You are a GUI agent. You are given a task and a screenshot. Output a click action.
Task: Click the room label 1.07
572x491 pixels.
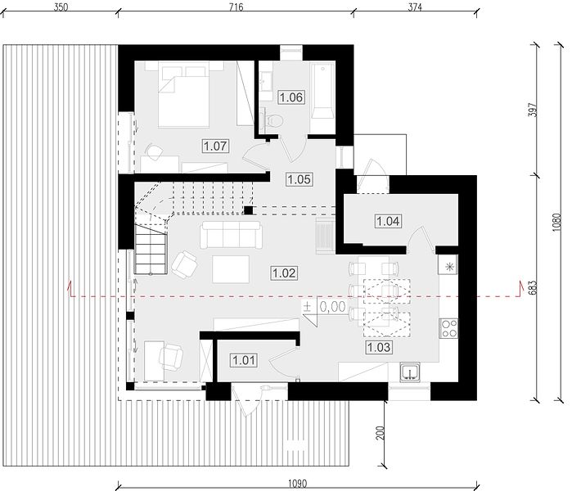point(215,146)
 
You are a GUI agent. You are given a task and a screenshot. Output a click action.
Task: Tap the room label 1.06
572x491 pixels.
point(291,97)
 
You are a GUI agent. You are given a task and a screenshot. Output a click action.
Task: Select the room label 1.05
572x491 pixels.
point(300,179)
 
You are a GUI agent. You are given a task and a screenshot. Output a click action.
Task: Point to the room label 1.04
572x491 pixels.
point(388,221)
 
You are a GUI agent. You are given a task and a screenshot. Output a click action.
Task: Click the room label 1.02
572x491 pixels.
point(284,273)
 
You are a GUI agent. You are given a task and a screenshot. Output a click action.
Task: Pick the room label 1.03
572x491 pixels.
point(379,347)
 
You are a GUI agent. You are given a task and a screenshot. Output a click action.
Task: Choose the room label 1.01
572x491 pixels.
point(243,360)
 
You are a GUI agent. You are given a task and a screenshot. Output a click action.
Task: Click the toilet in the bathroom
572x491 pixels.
point(272,120)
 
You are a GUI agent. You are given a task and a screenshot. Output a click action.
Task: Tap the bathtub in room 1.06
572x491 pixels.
point(322,91)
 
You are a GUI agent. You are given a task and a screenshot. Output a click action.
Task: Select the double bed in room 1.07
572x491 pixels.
point(184,94)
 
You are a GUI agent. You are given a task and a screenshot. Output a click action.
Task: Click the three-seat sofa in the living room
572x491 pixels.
point(231,235)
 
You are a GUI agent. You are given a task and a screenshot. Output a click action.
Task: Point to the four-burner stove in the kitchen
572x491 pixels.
point(448,328)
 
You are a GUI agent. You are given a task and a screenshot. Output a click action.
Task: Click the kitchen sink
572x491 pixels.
point(411,372)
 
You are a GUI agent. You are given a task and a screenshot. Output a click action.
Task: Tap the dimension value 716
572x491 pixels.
point(236,7)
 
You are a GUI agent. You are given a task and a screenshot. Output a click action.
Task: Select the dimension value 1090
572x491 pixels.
point(297,484)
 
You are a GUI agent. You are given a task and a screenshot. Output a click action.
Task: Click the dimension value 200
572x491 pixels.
point(381,433)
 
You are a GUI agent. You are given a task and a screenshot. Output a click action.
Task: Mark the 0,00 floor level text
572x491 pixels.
point(333,307)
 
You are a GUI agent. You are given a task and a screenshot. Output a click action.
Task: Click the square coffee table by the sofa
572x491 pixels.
point(231,269)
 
